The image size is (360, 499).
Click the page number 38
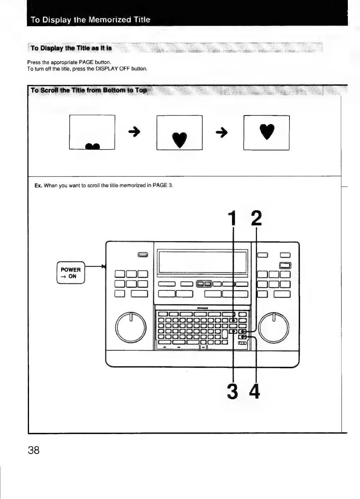tap(34, 450)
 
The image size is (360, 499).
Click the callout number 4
tap(255, 391)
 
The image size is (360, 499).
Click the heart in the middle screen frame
tap(179, 138)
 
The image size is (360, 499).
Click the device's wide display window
tap(202, 262)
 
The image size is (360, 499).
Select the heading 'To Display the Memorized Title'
tap(90, 20)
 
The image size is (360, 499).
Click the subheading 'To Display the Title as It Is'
tap(71, 48)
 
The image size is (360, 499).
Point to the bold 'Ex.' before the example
tap(38, 185)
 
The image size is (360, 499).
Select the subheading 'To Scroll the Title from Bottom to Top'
tap(89, 90)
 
